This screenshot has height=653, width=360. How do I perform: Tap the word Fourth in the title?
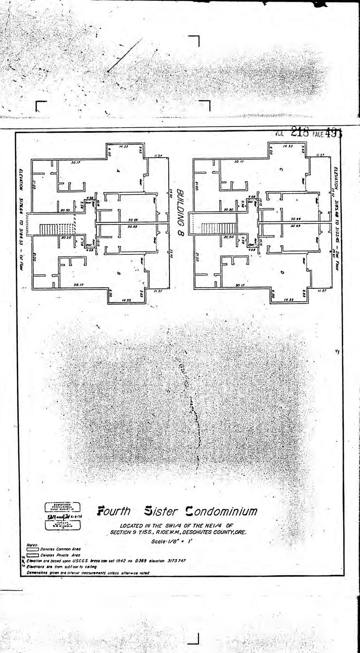tap(114, 511)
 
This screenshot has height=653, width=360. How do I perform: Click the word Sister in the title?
tap(161, 511)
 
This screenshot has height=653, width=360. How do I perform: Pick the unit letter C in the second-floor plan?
tap(281, 170)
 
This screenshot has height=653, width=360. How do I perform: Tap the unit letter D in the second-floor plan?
tap(281, 273)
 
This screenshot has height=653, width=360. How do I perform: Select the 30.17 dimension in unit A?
tap(74, 162)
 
